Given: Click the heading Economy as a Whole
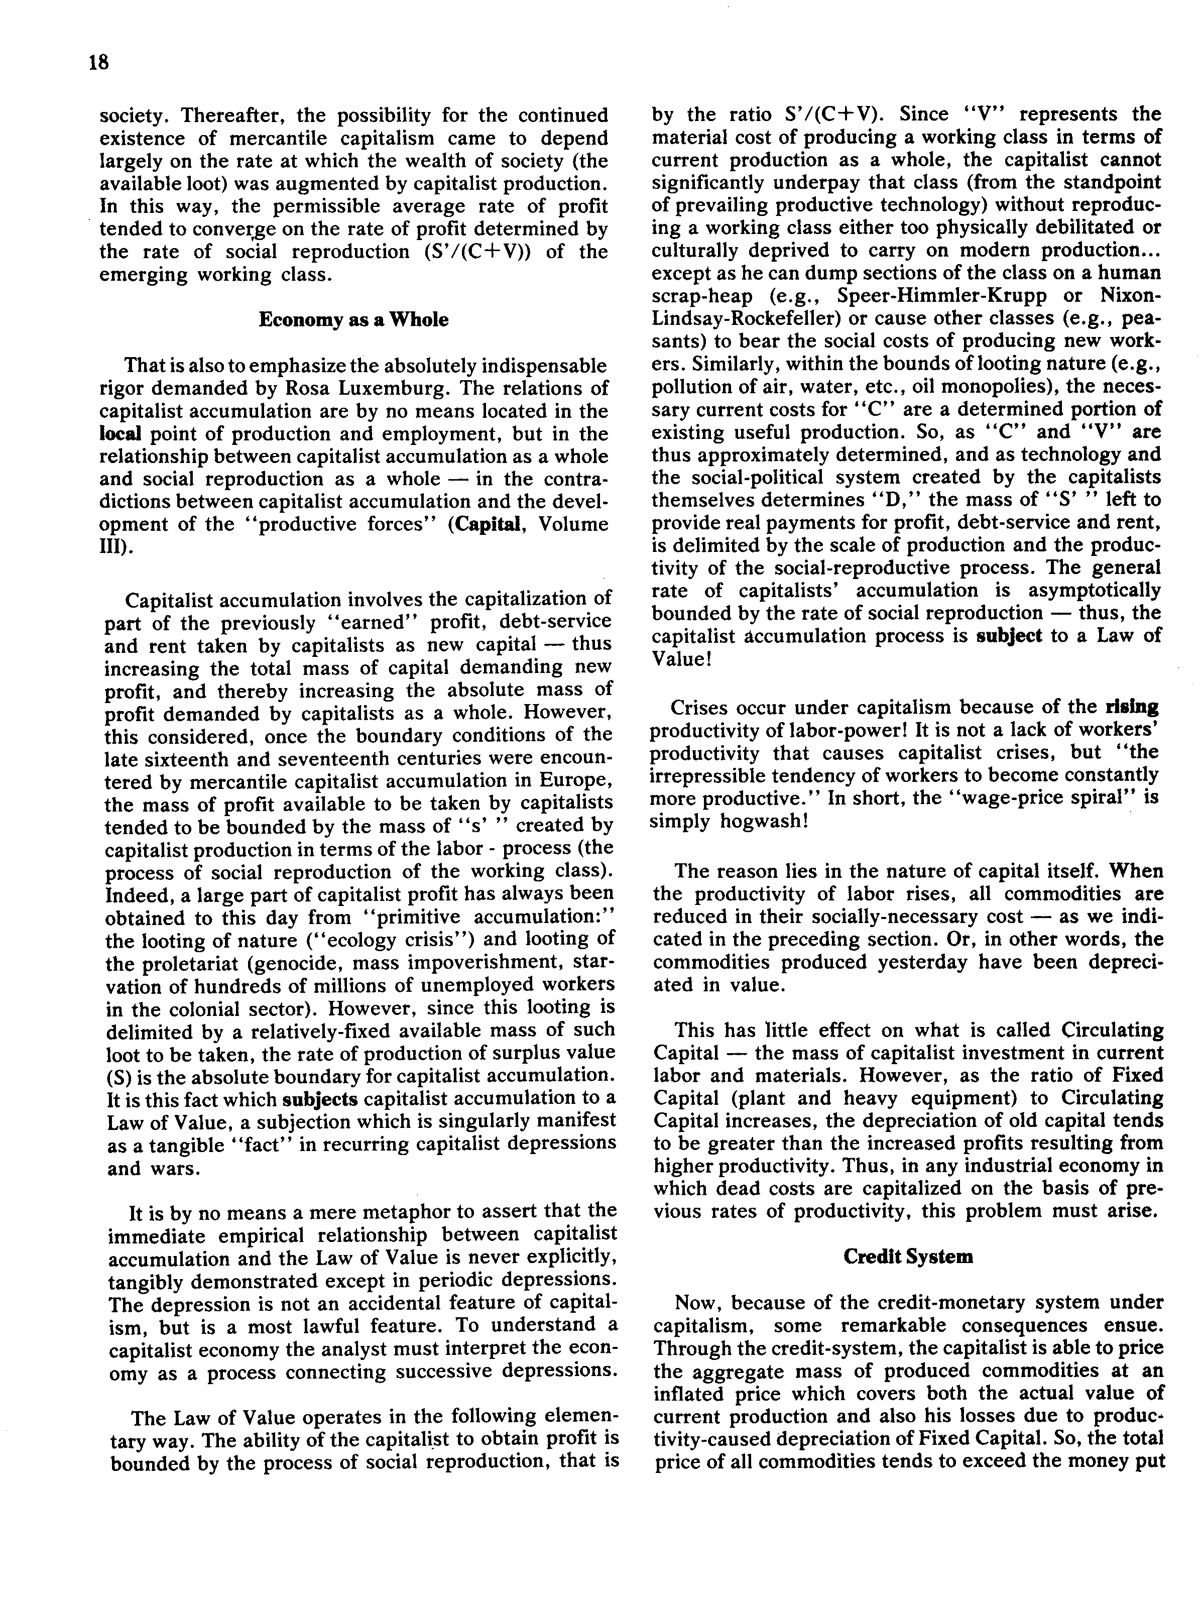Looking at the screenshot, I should pos(353,320).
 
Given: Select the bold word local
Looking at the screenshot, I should pos(120,434).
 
